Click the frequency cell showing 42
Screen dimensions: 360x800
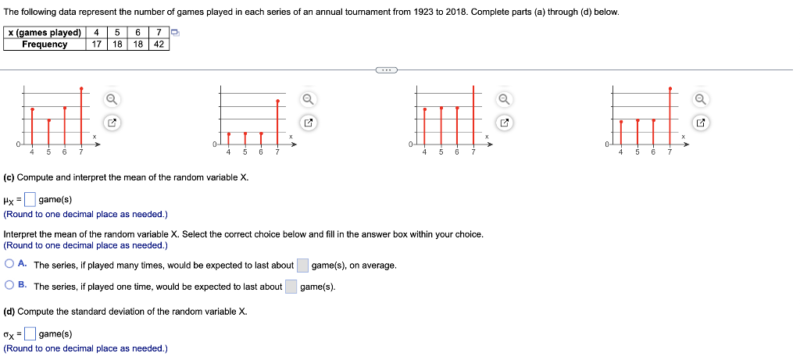click(x=159, y=45)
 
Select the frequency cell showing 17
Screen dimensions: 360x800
click(x=95, y=45)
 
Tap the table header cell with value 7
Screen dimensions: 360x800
click(x=159, y=33)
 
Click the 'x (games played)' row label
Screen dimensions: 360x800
click(x=45, y=33)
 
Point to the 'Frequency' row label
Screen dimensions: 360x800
click(x=45, y=45)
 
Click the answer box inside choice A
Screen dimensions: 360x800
click(x=302, y=266)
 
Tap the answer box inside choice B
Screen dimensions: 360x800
click(x=291, y=287)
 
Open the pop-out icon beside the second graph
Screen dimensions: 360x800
click(x=309, y=123)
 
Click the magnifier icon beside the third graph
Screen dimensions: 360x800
click(x=505, y=98)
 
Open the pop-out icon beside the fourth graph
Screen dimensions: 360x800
click(x=701, y=123)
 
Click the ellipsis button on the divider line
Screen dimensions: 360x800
click(x=386, y=70)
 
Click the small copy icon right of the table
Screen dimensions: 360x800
click(x=176, y=33)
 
